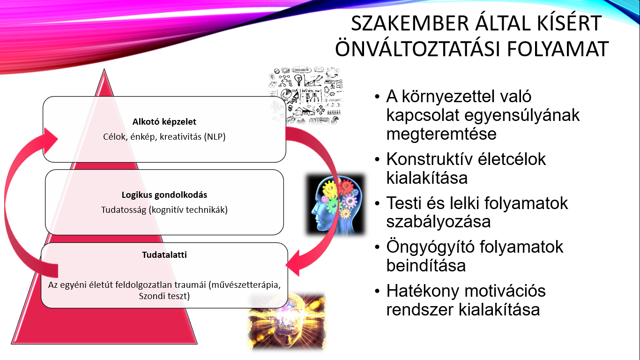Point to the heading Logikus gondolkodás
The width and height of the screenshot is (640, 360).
[164, 195]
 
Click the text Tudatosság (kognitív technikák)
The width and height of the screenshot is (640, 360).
[164, 210]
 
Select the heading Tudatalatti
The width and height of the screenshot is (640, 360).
[158, 255]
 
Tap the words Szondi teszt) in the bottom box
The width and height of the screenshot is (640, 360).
[164, 296]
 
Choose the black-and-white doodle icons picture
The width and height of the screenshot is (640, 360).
[307, 97]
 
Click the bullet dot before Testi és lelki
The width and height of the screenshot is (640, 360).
[378, 203]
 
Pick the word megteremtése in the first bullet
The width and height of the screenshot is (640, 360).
[441, 134]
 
